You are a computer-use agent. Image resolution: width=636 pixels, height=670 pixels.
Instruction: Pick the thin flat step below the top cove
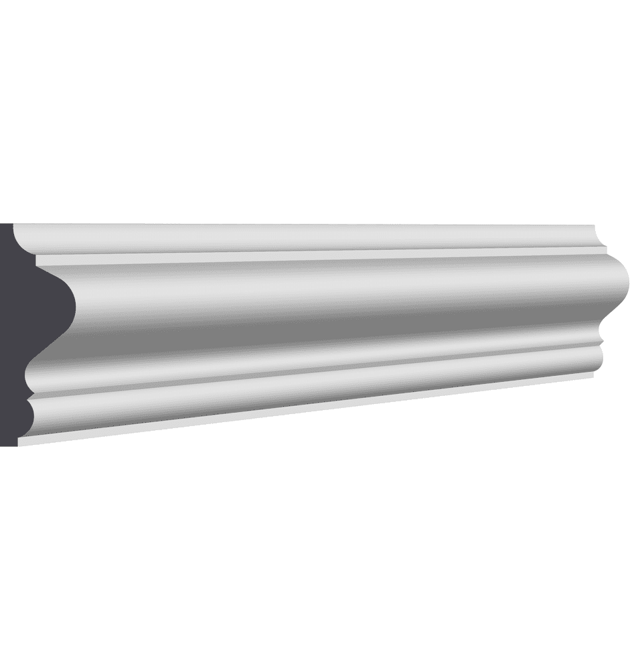(301, 257)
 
